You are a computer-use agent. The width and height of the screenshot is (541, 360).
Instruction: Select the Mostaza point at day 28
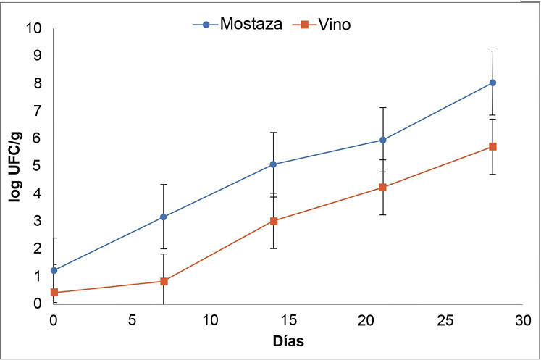492,83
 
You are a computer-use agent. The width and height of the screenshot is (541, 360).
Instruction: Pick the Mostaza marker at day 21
383,140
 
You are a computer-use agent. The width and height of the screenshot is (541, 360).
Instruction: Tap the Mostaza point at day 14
273,164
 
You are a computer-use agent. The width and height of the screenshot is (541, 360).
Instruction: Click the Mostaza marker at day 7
164,217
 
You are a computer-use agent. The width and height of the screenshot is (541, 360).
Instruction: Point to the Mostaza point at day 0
54,270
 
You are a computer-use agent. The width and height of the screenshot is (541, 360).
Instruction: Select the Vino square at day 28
492,146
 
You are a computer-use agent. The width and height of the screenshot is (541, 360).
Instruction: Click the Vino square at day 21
383,188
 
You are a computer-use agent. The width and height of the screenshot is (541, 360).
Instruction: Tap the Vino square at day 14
273,221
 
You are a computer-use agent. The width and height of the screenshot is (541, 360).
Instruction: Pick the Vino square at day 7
164,281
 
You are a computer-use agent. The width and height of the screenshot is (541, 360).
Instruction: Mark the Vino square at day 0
54,293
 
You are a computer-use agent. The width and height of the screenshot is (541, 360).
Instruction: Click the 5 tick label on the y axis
38,166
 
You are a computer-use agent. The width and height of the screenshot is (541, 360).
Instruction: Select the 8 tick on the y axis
38,83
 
